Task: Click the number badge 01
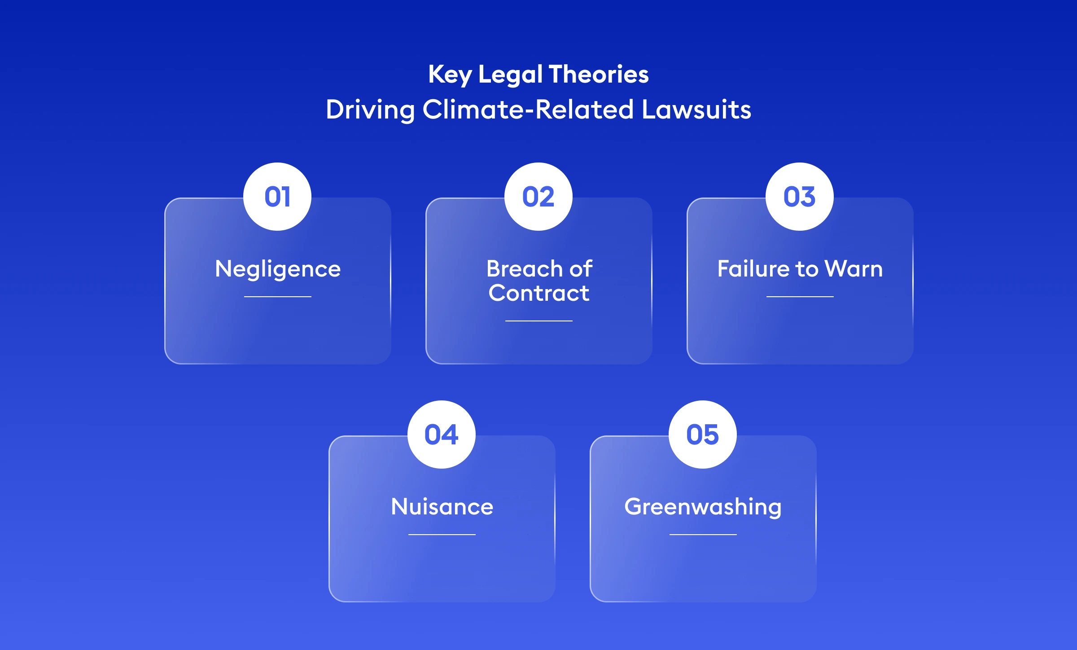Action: tap(277, 197)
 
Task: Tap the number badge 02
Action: tap(538, 197)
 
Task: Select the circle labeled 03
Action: tap(800, 197)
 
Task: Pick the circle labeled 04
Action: tap(442, 435)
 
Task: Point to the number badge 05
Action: tap(703, 435)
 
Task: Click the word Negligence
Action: tap(278, 269)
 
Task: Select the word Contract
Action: tap(539, 293)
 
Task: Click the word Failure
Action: tap(753, 269)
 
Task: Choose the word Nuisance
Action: tap(442, 507)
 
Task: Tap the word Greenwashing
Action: tap(703, 507)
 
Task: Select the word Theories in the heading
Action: tap(599, 74)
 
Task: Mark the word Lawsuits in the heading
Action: tap(696, 110)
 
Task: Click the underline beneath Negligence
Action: tap(278, 297)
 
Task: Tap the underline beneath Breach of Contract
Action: tap(539, 321)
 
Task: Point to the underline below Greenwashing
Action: tap(703, 535)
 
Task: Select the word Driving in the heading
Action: tap(370, 110)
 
